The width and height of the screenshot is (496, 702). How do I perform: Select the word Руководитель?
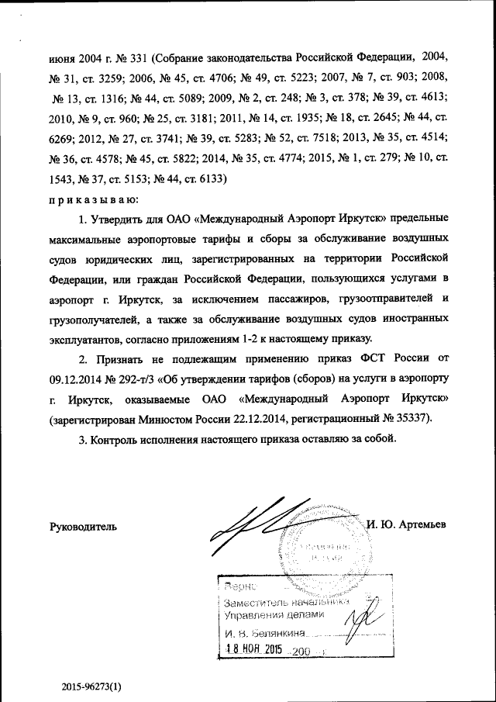coord(84,527)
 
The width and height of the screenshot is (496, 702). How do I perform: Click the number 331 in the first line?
coord(136,57)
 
